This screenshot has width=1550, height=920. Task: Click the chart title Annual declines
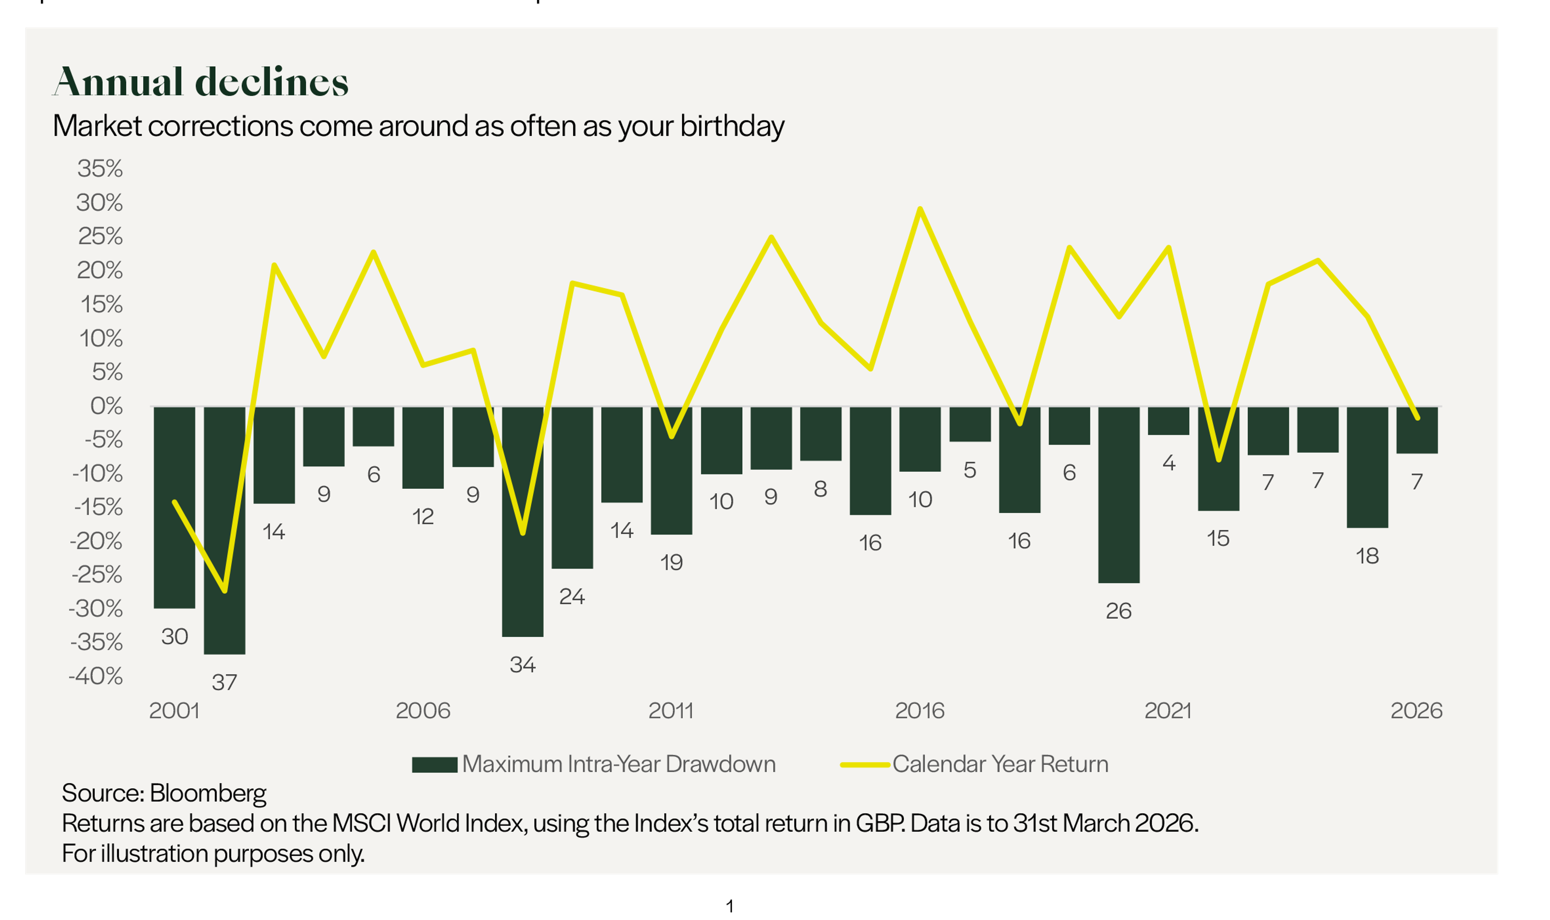click(x=200, y=82)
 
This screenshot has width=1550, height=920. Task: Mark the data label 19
click(x=671, y=562)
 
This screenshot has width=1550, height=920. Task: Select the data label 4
click(x=1169, y=463)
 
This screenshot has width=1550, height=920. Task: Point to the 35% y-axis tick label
click(x=100, y=169)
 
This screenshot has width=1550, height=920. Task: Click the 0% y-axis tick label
click(x=107, y=406)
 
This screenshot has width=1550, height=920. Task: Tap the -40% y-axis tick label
click(x=96, y=676)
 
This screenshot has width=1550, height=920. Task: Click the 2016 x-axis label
click(x=919, y=710)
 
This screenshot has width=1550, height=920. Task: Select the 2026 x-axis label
click(x=1416, y=710)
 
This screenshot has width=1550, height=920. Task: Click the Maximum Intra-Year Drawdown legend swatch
click(x=434, y=764)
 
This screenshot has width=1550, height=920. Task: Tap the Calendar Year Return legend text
click(x=1000, y=764)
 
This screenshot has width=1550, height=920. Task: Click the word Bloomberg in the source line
click(x=208, y=793)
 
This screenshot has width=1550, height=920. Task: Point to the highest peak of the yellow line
click(x=920, y=209)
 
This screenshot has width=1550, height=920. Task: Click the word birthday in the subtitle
click(x=732, y=127)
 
